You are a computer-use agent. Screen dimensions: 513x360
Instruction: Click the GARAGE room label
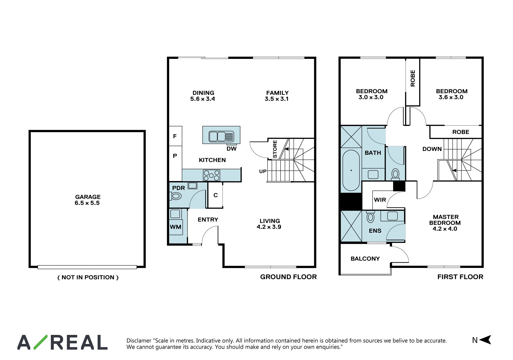click(88, 197)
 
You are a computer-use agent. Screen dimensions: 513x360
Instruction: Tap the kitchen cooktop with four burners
click(211, 175)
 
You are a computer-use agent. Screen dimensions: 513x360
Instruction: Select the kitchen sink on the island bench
click(222, 137)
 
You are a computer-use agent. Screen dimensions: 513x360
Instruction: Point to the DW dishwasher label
click(232, 149)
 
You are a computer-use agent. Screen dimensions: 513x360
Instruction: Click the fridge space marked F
click(175, 136)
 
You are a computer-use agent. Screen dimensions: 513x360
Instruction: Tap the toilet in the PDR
click(176, 196)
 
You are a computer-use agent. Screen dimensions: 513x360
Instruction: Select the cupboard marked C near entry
click(215, 195)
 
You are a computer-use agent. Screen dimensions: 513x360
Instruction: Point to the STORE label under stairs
click(275, 149)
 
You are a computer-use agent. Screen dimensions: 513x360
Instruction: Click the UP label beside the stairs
click(263, 171)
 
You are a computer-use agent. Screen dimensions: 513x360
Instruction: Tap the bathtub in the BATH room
click(351, 170)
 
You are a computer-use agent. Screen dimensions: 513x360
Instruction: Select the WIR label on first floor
click(380, 200)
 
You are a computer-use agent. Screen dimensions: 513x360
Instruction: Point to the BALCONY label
click(365, 259)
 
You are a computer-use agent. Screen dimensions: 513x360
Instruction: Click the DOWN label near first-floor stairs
click(432, 149)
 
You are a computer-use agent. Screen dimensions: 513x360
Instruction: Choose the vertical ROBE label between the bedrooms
click(413, 78)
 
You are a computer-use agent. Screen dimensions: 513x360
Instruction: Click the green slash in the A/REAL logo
click(40, 342)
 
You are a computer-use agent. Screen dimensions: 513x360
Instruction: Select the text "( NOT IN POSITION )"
click(88, 277)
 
